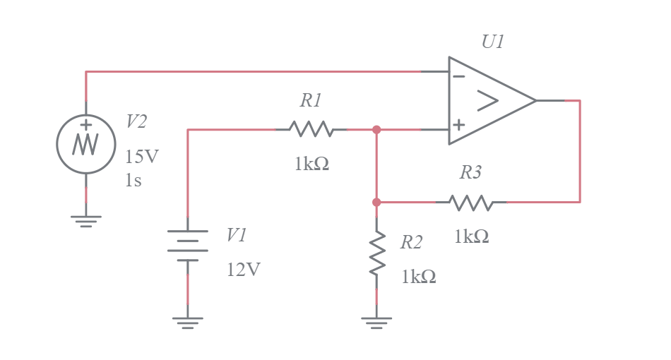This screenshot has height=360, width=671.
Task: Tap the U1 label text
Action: tap(493, 42)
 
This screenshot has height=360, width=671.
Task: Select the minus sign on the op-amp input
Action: tap(459, 76)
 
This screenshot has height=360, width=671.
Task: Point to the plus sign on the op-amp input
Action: tap(459, 126)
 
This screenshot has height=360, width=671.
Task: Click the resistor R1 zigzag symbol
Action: tap(311, 129)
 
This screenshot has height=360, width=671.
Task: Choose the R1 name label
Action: tap(311, 101)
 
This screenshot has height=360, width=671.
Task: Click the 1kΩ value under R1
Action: tap(311, 164)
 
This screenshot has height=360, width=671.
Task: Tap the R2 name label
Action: tap(411, 243)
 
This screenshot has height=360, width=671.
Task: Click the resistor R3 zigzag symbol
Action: tap(471, 203)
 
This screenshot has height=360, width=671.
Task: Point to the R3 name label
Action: tap(471, 172)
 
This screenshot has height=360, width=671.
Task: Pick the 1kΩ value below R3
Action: tap(471, 237)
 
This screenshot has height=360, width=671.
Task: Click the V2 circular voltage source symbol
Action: tap(86, 144)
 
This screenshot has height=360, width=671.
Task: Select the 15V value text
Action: tap(142, 157)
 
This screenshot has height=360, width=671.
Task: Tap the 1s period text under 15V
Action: tap(133, 181)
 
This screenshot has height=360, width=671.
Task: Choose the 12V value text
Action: tap(244, 270)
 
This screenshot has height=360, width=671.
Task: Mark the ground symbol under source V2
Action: tap(86, 221)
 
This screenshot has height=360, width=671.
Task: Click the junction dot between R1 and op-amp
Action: tap(376, 129)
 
